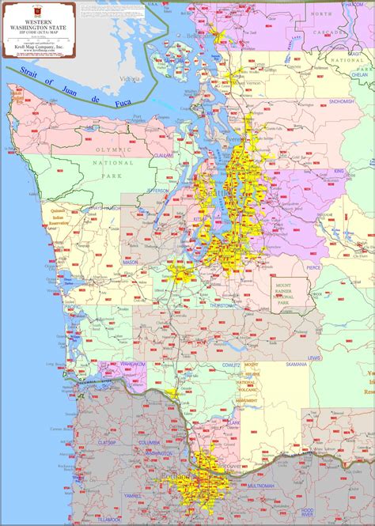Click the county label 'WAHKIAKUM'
133,365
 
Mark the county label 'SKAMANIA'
297,365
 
